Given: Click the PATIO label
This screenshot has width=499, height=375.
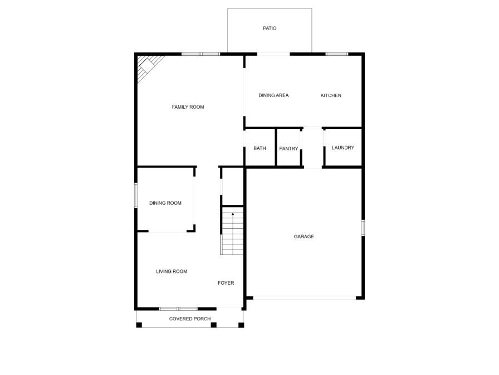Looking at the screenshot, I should click(x=270, y=28).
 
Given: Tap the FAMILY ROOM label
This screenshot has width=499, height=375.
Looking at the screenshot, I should click(x=188, y=107).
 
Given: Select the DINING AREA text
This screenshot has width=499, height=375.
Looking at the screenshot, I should click(x=273, y=95).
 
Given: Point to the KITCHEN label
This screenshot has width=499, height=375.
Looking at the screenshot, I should click(x=331, y=95).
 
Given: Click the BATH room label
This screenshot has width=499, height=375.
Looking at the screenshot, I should click(x=260, y=148).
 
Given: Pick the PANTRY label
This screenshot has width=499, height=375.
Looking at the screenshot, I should click(x=288, y=148).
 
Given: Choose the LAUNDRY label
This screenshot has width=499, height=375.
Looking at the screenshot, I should click(x=343, y=148).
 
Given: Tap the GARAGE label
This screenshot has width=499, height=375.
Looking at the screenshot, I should click(x=304, y=237).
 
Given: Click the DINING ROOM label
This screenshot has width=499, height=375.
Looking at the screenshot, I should click(x=165, y=203).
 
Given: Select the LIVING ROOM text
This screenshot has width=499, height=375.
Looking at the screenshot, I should click(x=172, y=272).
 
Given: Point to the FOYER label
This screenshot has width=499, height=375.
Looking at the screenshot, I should click(x=226, y=283).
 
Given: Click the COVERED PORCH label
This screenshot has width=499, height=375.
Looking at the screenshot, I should click(x=190, y=319).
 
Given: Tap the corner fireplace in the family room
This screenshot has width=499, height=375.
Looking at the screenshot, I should click(x=148, y=65).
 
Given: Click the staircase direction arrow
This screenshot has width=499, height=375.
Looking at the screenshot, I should click(x=233, y=213).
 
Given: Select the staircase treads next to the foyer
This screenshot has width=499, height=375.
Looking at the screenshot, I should click(x=233, y=234).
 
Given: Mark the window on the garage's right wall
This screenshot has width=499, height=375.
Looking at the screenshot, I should click(x=363, y=227).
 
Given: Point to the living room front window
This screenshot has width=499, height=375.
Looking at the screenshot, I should click(x=178, y=308).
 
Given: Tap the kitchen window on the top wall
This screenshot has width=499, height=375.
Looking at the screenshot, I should click(x=337, y=54).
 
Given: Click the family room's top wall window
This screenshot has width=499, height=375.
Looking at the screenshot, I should click(x=200, y=54).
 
